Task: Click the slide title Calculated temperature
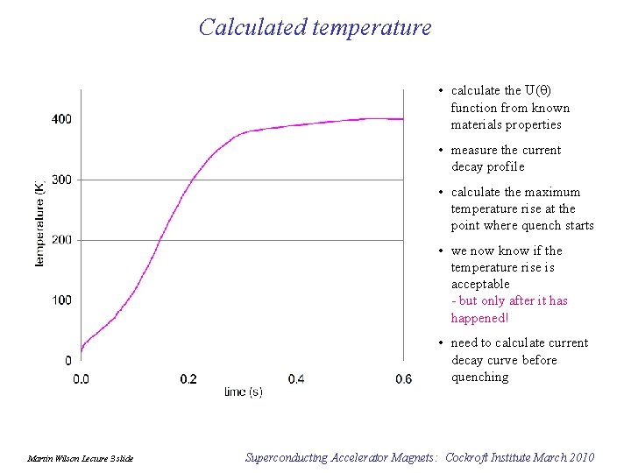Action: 315,27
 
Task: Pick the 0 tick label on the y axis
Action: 67,361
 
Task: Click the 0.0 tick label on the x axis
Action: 81,379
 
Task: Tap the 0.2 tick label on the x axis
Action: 188,379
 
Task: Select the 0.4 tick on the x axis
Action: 296,379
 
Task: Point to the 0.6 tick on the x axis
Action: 403,379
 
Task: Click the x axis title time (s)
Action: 243,392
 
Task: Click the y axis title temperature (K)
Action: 39,223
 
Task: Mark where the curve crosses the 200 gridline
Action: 159,239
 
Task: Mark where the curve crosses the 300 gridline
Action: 194,179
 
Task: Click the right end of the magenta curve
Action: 403,118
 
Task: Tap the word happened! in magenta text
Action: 479,318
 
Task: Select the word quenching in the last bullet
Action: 479,377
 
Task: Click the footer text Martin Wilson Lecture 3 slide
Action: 81,458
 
